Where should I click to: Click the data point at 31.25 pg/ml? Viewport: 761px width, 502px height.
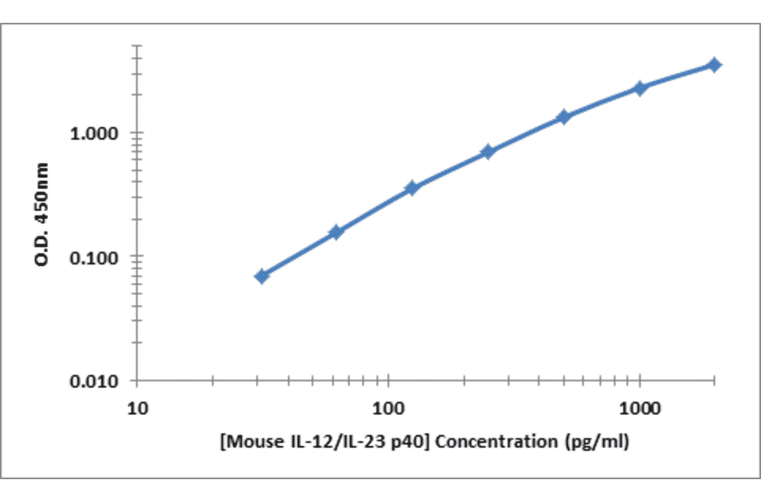click(x=262, y=276)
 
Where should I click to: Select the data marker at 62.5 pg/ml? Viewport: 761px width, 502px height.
click(x=336, y=232)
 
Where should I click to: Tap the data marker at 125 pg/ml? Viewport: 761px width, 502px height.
click(x=412, y=188)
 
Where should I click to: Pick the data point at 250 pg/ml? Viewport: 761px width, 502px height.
click(x=488, y=152)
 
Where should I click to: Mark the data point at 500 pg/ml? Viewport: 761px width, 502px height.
click(x=564, y=117)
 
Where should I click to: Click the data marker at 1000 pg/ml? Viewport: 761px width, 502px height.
click(x=640, y=88)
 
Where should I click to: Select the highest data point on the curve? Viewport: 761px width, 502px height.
click(x=714, y=64)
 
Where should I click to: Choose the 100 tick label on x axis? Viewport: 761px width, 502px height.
click(x=388, y=409)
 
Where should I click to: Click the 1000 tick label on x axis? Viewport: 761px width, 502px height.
click(x=640, y=409)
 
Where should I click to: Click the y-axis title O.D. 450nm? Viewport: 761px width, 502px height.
click(x=41, y=215)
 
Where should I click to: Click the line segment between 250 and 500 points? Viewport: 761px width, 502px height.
click(x=526, y=134)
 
